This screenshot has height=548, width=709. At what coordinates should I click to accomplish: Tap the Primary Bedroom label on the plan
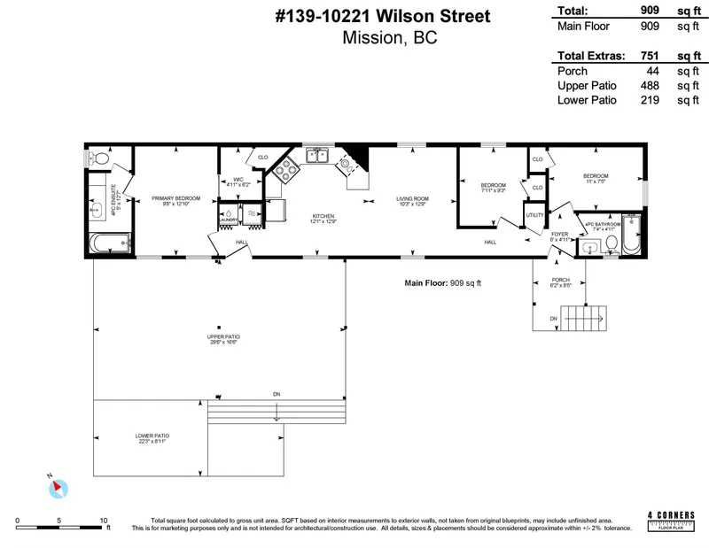point(175,198)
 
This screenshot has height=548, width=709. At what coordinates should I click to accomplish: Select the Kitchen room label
point(322,217)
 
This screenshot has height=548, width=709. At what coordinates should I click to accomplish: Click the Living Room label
point(412,198)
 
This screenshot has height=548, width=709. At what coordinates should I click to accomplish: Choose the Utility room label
point(534,215)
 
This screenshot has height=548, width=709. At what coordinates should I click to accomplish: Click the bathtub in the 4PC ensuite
point(111,242)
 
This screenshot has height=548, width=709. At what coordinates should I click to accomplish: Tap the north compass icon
point(58,485)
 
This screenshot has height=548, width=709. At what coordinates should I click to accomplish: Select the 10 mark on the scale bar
point(104,521)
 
